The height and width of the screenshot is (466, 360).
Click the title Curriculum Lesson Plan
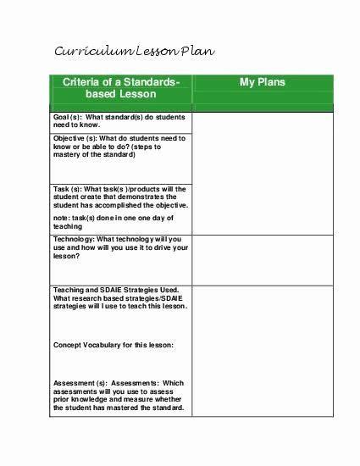135,52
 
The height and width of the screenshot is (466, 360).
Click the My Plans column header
263,82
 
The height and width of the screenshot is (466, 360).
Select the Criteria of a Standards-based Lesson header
121,89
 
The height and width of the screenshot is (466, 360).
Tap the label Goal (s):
69,117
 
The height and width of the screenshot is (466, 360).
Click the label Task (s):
68,188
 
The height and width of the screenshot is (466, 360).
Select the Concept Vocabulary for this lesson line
113,345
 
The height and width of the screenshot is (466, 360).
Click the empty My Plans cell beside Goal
263,121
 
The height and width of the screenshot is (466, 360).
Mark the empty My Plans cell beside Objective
263,158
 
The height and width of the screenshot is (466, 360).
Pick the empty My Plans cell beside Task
263,208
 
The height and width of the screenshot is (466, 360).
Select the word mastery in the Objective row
69,154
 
